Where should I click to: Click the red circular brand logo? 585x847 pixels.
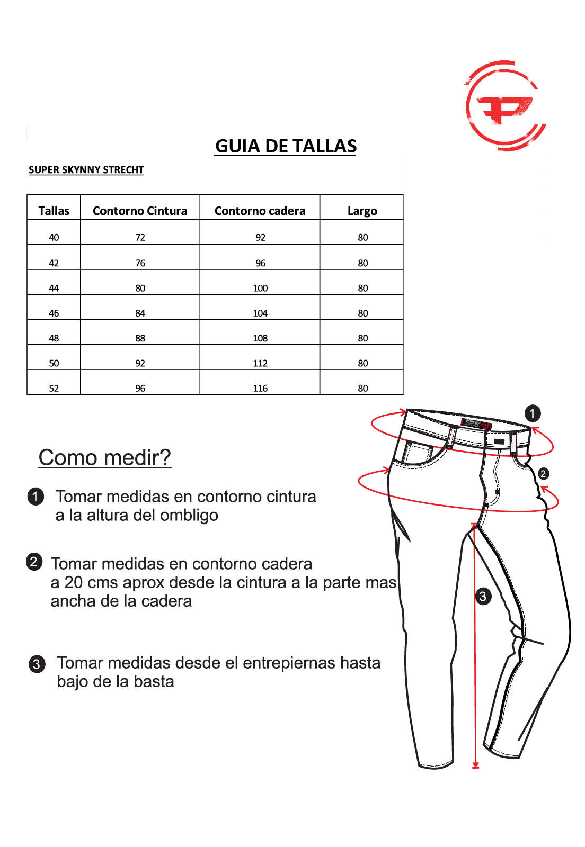[505, 105]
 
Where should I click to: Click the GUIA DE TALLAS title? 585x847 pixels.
[286, 146]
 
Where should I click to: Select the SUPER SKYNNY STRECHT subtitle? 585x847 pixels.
[86, 170]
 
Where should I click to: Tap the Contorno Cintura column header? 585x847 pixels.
[140, 211]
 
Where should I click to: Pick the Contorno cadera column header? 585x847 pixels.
[260, 211]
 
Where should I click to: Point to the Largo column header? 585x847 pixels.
[362, 211]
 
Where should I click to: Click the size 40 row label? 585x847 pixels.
[54, 238]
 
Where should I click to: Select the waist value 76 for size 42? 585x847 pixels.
[140, 263]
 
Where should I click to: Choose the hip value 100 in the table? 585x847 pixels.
[260, 288]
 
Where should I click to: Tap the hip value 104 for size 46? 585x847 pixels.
[260, 313]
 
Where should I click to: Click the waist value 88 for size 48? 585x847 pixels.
[140, 338]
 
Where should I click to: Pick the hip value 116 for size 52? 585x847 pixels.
[260, 389]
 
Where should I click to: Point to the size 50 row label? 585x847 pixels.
[54, 363]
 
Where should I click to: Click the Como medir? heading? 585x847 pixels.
[105, 457]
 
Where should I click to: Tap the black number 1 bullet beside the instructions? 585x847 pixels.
[36, 497]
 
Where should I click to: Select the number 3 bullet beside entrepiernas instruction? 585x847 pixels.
[37, 664]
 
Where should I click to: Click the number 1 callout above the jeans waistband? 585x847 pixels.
[533, 413]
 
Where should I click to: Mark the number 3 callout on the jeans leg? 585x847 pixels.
[483, 597]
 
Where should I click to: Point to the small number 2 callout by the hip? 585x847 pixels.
[543, 474]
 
